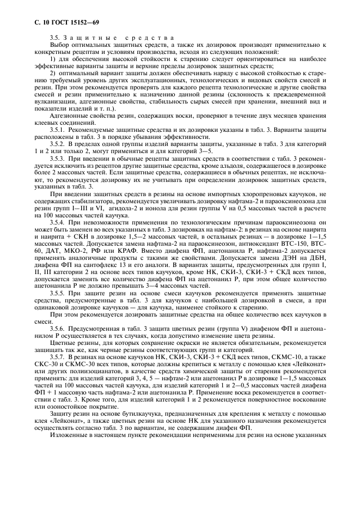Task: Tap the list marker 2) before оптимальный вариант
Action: coord(52,72)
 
